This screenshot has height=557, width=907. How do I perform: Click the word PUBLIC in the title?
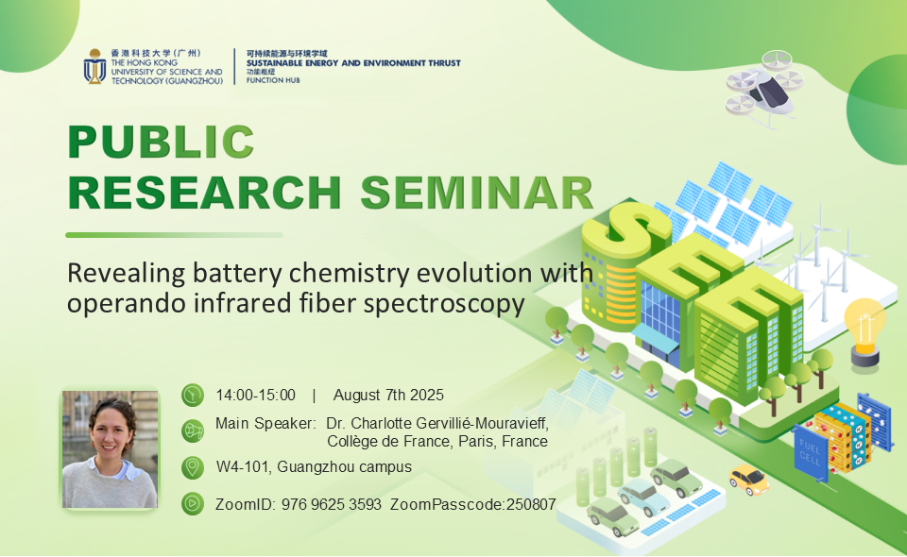[161, 142]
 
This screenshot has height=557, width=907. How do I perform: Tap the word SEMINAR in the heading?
[477, 193]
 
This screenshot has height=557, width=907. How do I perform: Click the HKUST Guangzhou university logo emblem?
[94, 66]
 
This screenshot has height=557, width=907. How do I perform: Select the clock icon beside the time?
[193, 396]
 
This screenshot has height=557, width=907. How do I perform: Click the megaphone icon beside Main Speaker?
[193, 431]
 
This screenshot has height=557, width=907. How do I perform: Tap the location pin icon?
[193, 467]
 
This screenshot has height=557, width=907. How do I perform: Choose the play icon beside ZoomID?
[193, 504]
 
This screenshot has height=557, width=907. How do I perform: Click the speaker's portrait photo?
[110, 449]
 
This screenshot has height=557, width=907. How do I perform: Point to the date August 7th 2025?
[388, 396]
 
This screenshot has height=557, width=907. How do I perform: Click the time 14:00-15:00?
[255, 396]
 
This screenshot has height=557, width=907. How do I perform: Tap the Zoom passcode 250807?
[531, 504]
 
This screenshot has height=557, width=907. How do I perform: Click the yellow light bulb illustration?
[864, 332]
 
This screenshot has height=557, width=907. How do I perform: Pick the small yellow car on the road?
[749, 480]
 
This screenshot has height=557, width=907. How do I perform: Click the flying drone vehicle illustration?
[764, 88]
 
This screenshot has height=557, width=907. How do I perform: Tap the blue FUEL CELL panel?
[811, 453]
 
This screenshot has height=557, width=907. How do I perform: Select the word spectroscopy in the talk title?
[444, 304]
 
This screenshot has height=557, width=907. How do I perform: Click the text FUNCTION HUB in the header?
[273, 80]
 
